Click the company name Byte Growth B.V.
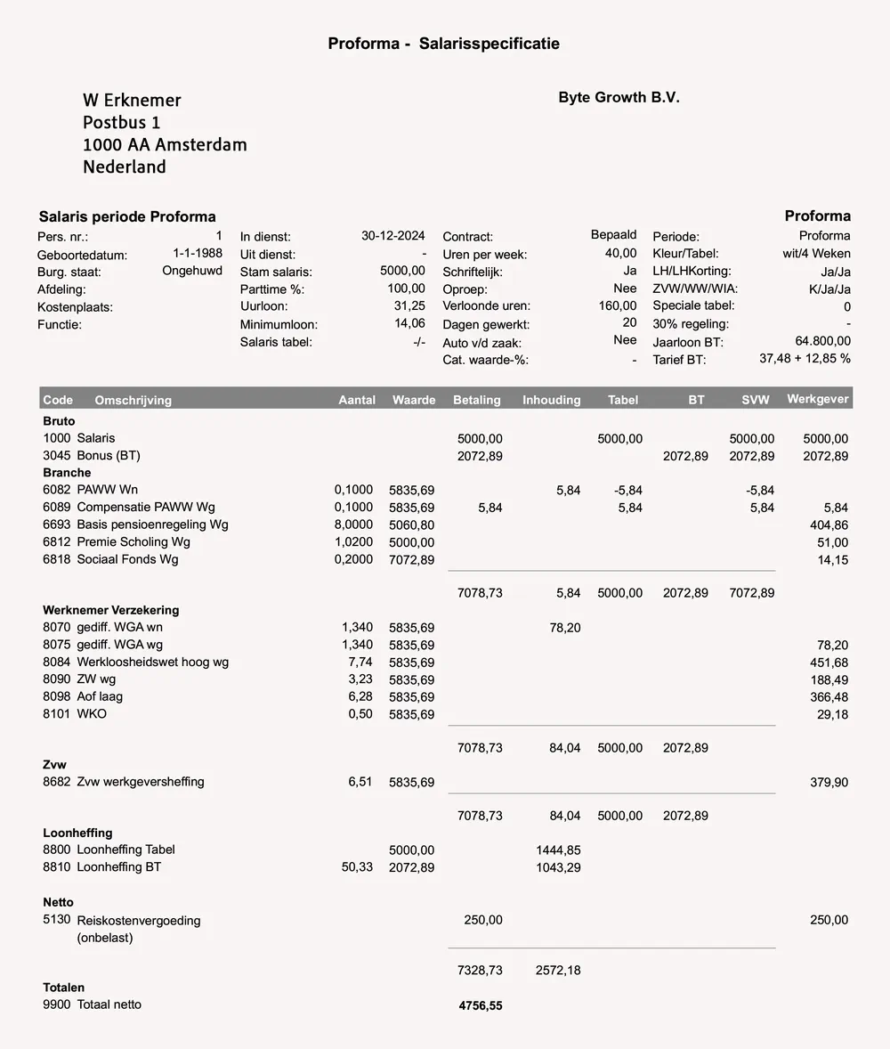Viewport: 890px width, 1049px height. tap(619, 98)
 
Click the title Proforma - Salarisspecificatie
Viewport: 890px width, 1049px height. tap(444, 44)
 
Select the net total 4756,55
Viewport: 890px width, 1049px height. tap(481, 1005)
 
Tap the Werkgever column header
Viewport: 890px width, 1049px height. tap(818, 399)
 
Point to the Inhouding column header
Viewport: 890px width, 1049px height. tap(551, 400)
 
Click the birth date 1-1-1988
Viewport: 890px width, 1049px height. tap(197, 254)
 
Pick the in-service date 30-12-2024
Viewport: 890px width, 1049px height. tap(392, 236)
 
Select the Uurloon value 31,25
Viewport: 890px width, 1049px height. tap(409, 306)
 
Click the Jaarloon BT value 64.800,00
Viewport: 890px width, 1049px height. tap(821, 341)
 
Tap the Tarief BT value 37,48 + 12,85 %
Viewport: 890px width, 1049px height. tap(805, 359)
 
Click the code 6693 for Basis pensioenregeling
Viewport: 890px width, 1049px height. tap(57, 524)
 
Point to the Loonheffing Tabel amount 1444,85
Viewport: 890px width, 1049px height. tap(558, 850)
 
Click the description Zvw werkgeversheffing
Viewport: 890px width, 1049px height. tap(141, 782)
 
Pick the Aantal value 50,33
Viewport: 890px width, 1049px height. tap(357, 866)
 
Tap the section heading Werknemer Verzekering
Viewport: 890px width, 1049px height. tap(110, 610)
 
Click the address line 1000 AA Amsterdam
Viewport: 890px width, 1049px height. tap(165, 144)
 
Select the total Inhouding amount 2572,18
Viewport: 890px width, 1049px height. tap(558, 970)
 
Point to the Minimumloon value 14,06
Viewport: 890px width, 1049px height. tap(409, 324)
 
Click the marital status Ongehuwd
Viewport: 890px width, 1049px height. tap(192, 271)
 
